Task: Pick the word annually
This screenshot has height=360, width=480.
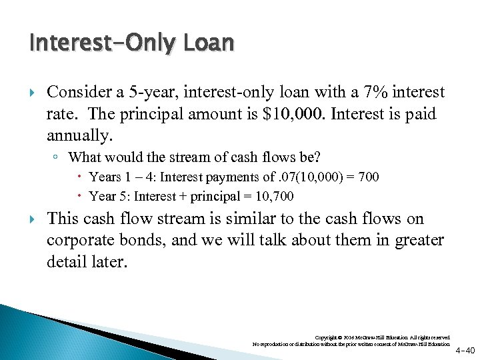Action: (79, 136)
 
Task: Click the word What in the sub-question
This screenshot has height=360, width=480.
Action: (85, 158)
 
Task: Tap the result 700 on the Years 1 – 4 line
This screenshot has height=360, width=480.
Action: (368, 177)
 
